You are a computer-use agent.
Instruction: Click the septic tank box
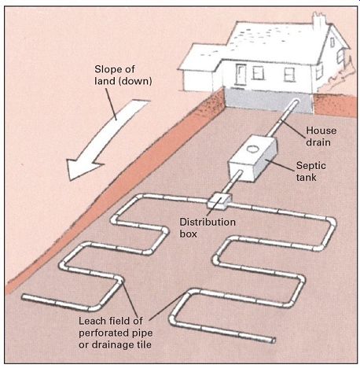[x=252, y=158]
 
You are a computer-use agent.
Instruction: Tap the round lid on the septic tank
[x=253, y=149]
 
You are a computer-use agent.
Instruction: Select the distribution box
[x=219, y=201]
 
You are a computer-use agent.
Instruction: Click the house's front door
[x=241, y=74]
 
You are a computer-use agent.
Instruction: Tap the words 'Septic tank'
[x=311, y=171]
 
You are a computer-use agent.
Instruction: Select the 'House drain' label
[x=321, y=136]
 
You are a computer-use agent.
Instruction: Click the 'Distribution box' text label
[x=208, y=228]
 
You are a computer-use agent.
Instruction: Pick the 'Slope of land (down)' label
[x=123, y=75]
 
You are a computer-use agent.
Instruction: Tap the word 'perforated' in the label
[x=103, y=333]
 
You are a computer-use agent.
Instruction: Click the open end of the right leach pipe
[x=273, y=340]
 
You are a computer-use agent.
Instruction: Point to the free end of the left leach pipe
[x=24, y=296]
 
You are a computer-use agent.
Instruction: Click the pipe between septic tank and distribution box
[x=231, y=183]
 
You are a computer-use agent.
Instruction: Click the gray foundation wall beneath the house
[x=269, y=101]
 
